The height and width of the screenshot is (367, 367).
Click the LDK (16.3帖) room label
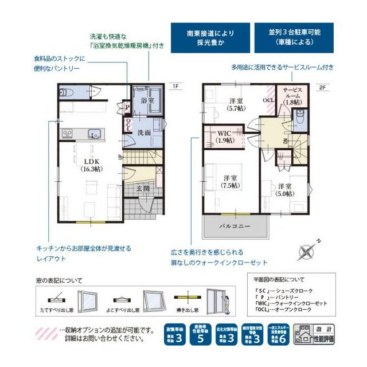point(89,165)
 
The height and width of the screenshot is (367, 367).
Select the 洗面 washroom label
point(143,132)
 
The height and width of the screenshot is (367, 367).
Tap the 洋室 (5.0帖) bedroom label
point(285,189)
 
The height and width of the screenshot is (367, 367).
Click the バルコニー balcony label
point(235,227)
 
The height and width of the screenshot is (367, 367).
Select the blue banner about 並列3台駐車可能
point(294,38)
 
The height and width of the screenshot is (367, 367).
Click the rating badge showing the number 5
point(201,339)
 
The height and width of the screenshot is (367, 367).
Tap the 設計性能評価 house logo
point(314,335)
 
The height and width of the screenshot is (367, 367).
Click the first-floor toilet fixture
point(65,92)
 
